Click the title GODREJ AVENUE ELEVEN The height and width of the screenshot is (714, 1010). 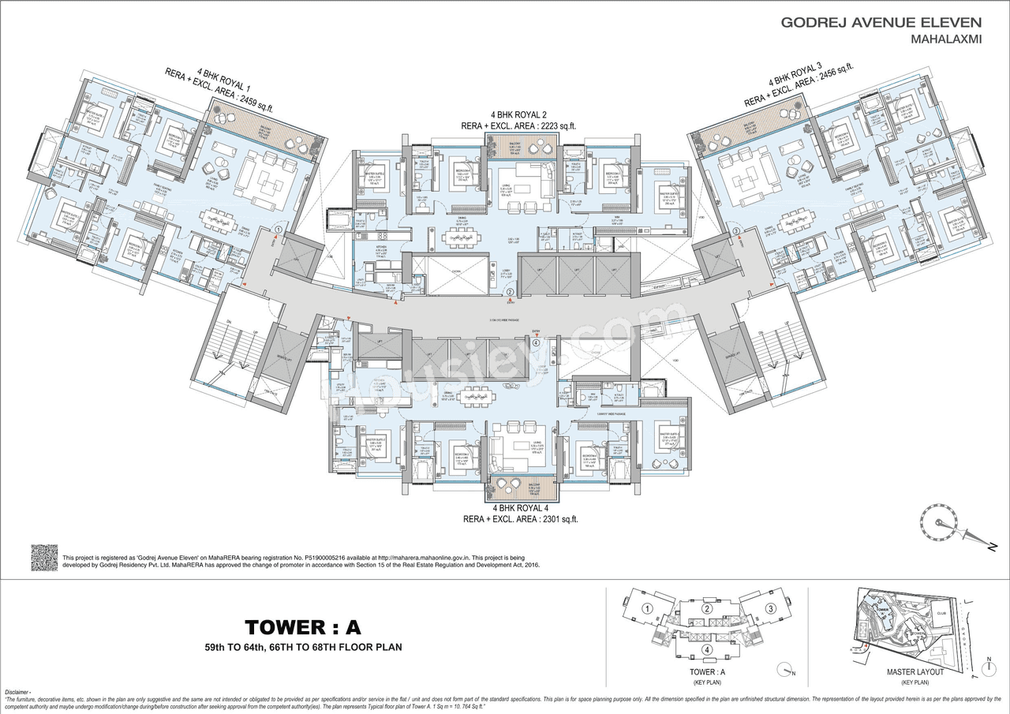tap(881, 22)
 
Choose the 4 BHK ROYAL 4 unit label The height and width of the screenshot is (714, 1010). tap(522, 507)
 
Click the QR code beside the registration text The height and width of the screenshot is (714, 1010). tap(44, 557)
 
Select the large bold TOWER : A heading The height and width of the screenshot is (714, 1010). tap(302, 627)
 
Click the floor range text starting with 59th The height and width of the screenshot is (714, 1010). tap(302, 647)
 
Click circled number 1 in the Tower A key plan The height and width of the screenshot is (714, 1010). tap(646, 608)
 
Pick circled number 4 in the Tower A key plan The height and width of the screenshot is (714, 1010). tap(708, 650)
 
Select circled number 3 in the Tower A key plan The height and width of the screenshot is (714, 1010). tap(770, 608)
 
